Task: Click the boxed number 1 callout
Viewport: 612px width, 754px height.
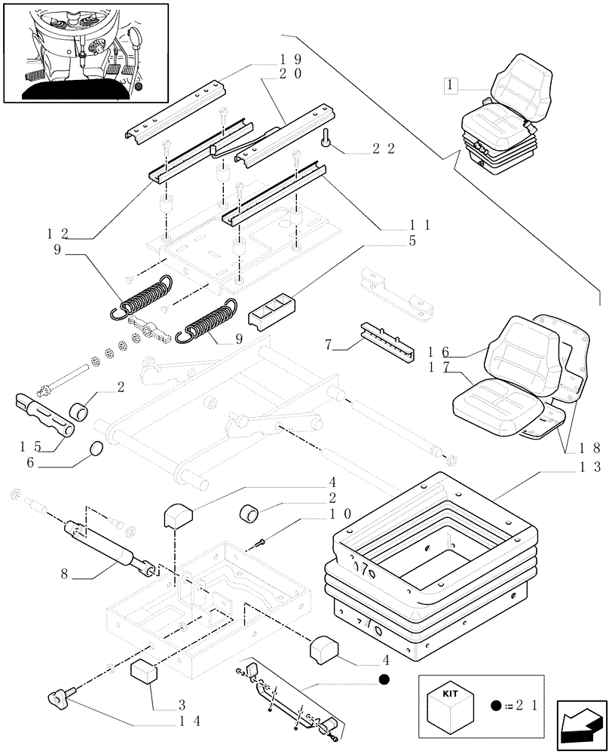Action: pos(451,87)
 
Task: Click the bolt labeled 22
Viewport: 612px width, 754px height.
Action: pos(326,139)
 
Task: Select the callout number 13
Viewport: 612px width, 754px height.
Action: pos(590,467)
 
